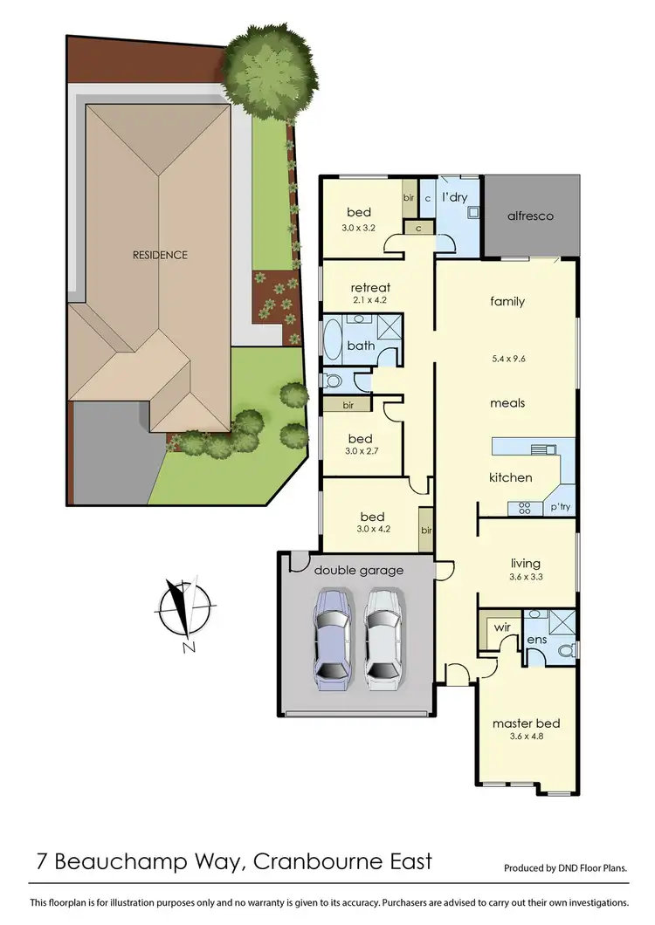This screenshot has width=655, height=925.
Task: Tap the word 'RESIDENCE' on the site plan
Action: click(160, 255)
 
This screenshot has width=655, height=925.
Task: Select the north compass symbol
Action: click(183, 609)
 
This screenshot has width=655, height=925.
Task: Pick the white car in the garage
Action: click(383, 634)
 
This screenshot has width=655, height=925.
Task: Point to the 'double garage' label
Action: click(359, 570)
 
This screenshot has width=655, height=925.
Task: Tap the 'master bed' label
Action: click(525, 723)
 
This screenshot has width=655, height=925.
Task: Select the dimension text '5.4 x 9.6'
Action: click(507, 356)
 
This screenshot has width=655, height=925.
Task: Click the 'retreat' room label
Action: click(369, 287)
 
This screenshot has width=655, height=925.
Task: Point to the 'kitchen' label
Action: click(510, 477)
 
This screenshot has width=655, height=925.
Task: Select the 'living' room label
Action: click(526, 563)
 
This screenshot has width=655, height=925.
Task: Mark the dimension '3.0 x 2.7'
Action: click(360, 451)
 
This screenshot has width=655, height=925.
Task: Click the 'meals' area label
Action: click(507, 403)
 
